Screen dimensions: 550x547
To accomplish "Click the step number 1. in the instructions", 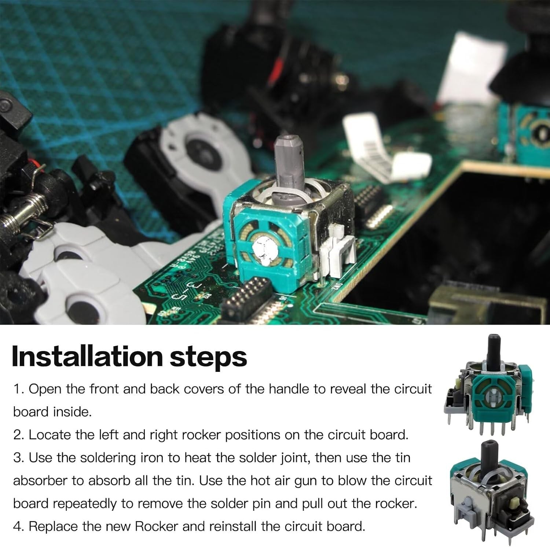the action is [19, 389].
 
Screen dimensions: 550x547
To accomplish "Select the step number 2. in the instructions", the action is [19, 435].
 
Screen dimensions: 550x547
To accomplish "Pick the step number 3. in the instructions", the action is [19, 458].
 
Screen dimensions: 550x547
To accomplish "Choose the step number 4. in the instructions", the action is [19, 526].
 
